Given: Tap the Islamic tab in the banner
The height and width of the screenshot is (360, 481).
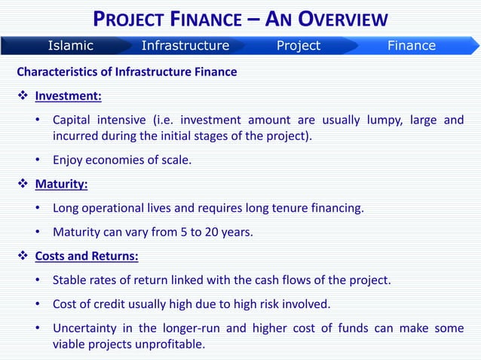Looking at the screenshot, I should click(x=70, y=46).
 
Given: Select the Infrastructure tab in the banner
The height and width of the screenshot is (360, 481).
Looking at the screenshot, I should click(x=185, y=46).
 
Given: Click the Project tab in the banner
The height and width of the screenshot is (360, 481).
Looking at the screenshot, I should click(x=298, y=46).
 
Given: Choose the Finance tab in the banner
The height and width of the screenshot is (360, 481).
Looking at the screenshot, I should click(x=411, y=46).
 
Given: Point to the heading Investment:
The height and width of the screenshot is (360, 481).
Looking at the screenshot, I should click(x=69, y=96).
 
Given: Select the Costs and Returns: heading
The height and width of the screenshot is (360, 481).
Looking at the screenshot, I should click(x=87, y=256).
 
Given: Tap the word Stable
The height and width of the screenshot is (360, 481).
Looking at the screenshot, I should click(x=70, y=280).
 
